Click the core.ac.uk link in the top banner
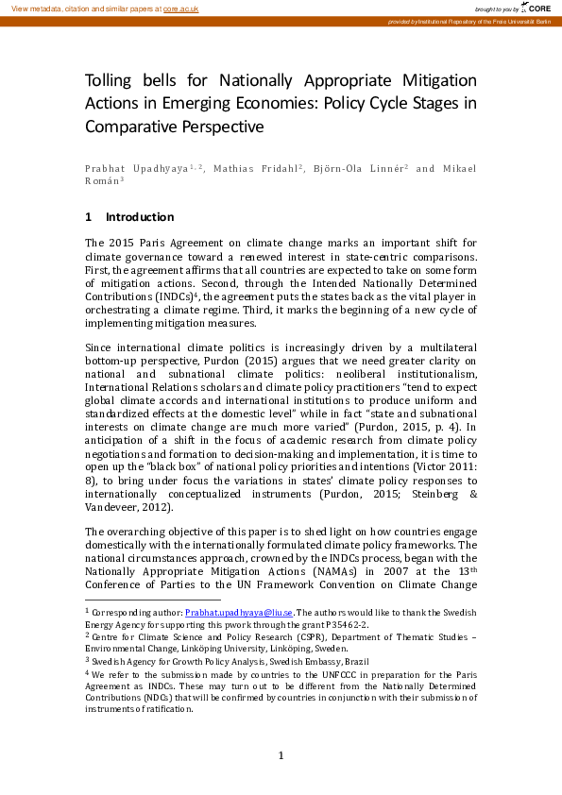[x=181, y=8]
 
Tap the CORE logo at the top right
[x=537, y=8]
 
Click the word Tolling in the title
[x=112, y=81]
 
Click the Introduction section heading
[x=140, y=216]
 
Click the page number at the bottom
[x=281, y=754]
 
